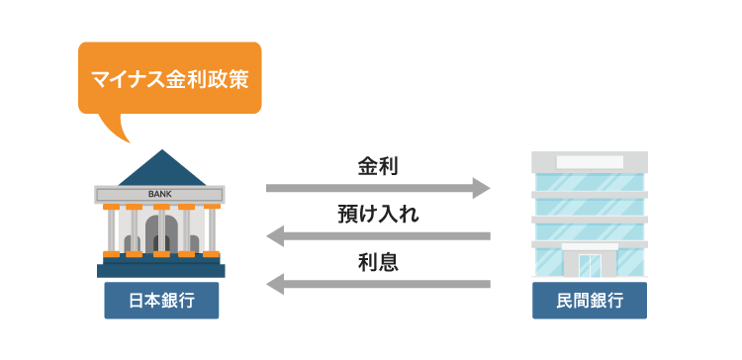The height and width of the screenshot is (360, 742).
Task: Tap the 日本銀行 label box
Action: point(161,301)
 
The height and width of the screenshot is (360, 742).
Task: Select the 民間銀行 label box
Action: point(590,301)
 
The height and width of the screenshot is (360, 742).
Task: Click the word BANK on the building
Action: point(160,194)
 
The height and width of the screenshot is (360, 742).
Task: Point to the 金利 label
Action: point(378,165)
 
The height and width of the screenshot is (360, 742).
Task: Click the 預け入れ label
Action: point(378,215)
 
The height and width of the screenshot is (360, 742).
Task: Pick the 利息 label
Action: point(378,263)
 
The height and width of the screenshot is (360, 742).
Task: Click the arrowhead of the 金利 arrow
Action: point(482,187)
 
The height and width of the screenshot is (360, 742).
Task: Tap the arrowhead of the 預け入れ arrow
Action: point(276,235)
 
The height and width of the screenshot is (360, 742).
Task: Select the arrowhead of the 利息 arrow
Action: point(276,285)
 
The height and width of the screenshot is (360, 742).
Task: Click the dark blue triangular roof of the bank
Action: point(160,170)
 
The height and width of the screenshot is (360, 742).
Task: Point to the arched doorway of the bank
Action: point(160,234)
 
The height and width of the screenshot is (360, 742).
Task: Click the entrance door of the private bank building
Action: point(590,263)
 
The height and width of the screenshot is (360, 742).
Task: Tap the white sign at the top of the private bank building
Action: point(590,162)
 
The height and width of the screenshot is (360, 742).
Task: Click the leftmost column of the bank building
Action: point(111,229)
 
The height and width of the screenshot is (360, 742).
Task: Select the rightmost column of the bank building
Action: point(211,229)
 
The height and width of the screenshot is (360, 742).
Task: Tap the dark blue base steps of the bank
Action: point(160,269)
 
